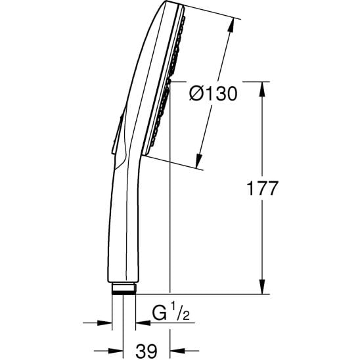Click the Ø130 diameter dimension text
coord(212,94)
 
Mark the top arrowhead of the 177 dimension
coord(263,88)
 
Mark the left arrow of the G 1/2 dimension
coord(105,322)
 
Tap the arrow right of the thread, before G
coord(141,322)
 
